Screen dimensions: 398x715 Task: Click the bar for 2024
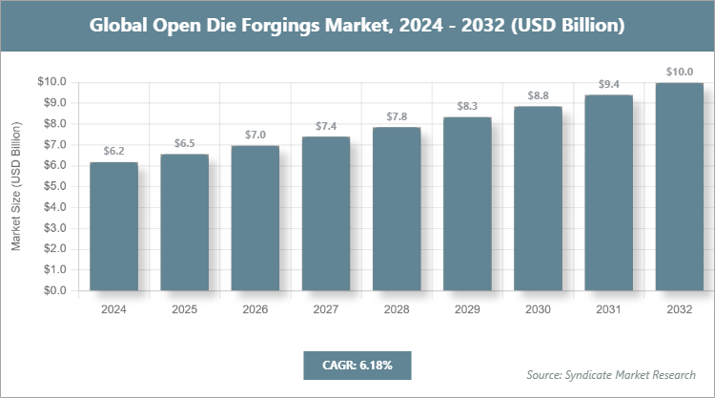click(113, 226)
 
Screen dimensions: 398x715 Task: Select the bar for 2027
click(325, 214)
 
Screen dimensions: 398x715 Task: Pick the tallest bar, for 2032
click(679, 186)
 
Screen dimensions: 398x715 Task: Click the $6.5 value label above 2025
click(184, 143)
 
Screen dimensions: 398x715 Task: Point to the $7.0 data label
click(255, 135)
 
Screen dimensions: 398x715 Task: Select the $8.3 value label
click(467, 106)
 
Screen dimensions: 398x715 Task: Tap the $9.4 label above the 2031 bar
click(608, 84)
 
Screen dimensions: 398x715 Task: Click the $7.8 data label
click(397, 116)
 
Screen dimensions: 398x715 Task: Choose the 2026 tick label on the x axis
click(255, 309)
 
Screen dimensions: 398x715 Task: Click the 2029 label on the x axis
click(467, 309)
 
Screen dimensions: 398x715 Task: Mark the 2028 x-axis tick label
click(397, 309)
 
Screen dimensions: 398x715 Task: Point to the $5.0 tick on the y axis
click(51, 186)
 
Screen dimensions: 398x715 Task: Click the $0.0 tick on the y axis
click(51, 290)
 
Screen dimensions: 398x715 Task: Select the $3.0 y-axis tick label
click(51, 228)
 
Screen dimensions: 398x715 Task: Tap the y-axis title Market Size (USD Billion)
click(16, 186)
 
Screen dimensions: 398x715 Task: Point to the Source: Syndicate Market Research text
click(611, 374)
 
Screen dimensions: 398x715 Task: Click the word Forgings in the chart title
click(276, 26)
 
